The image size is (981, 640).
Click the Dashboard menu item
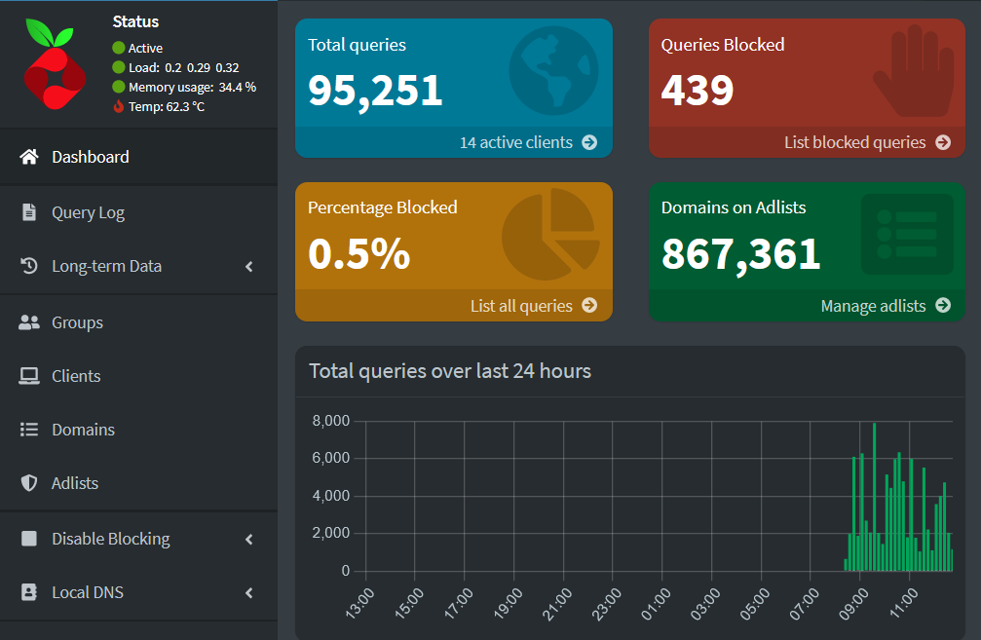(90, 157)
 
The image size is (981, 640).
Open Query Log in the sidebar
(88, 212)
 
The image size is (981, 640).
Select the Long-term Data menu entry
(106, 266)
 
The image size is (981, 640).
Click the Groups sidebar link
(77, 322)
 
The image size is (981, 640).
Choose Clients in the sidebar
(76, 376)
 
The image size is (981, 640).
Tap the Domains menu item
(83, 430)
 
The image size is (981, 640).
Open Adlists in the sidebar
(75, 483)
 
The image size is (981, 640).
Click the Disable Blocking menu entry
(110, 539)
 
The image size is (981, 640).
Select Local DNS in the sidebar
(87, 592)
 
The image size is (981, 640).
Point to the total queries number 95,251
(375, 91)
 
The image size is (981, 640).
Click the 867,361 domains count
(740, 254)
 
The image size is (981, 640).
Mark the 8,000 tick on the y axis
(330, 421)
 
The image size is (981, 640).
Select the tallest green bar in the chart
(874, 497)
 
